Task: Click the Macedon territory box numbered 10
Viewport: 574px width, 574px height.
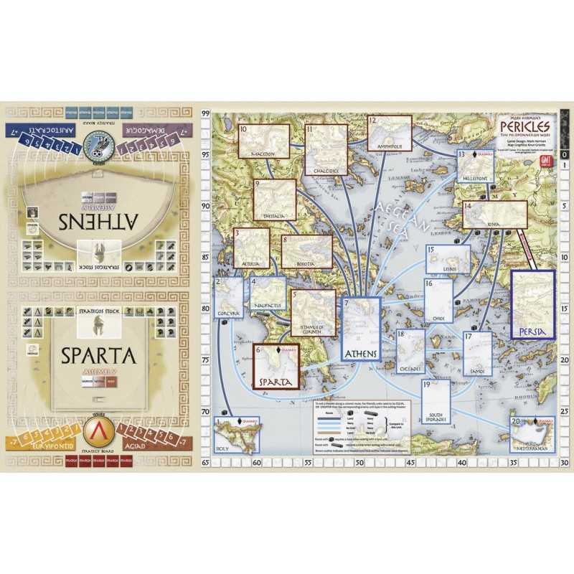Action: tap(263, 141)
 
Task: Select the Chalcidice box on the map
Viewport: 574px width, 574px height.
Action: tap(326, 150)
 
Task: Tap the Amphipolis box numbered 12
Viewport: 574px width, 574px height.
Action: tap(390, 133)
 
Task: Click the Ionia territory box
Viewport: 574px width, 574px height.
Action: tap(494, 215)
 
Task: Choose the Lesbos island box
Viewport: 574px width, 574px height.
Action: tap(448, 259)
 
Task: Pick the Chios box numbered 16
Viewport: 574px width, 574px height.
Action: tap(438, 301)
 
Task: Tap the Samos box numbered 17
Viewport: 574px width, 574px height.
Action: tap(477, 353)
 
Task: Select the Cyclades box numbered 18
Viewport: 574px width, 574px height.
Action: tap(410, 352)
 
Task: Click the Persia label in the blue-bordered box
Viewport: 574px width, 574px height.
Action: tap(532, 331)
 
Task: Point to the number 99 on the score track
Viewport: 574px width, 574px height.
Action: tap(205, 114)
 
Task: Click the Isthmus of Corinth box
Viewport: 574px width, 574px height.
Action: tap(314, 313)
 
